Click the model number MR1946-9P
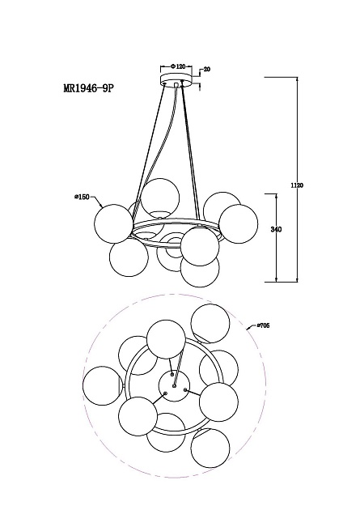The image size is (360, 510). coord(89,88)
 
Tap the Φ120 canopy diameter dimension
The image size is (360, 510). coord(178,66)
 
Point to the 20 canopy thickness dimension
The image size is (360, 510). coord(207,69)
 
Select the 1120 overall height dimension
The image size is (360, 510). coord(297,185)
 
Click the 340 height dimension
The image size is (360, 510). coord(276,229)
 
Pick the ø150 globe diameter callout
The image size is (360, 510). coord(82,197)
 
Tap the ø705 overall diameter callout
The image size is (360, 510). coord(263,325)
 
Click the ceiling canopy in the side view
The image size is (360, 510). coord(176,79)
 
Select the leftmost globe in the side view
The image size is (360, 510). coord(113,223)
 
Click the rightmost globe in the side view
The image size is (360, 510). coord(238,223)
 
